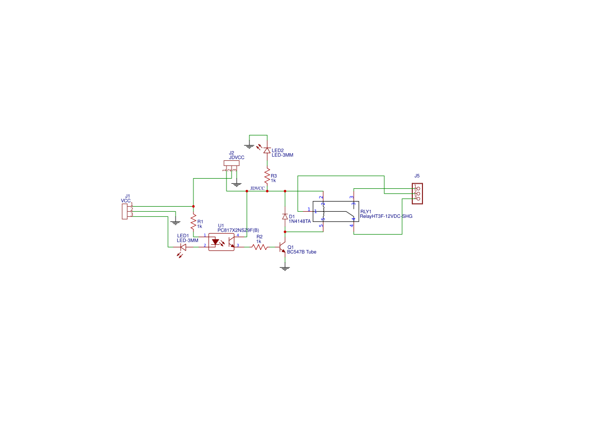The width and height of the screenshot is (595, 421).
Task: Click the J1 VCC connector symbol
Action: tap(124, 211)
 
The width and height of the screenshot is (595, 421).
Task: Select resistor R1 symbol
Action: tap(193, 222)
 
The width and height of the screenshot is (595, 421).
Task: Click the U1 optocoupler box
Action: tap(221, 241)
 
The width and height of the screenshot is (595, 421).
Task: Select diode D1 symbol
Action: tap(285, 217)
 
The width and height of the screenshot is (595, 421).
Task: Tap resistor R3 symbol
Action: tap(267, 176)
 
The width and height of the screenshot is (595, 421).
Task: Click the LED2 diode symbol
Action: tap(267, 150)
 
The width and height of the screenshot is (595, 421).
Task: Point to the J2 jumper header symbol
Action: tap(231, 163)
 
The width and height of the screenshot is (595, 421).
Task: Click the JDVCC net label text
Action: tap(257, 188)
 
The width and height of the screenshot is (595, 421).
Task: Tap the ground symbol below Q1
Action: tap(285, 268)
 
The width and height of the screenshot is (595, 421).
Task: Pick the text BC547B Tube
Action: tap(302, 252)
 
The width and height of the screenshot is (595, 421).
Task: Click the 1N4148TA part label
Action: tap(300, 221)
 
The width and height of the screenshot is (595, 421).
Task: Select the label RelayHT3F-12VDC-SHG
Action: tap(386, 216)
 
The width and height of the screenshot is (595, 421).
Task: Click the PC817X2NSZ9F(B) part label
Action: tap(238, 230)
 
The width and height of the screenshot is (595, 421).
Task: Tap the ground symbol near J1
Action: tap(175, 222)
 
